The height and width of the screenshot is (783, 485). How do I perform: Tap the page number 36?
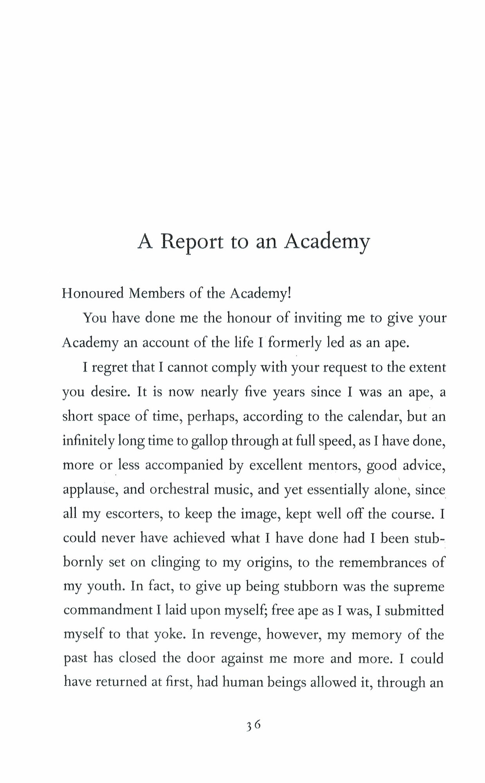tap(254, 725)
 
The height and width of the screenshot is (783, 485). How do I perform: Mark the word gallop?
tap(209, 441)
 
